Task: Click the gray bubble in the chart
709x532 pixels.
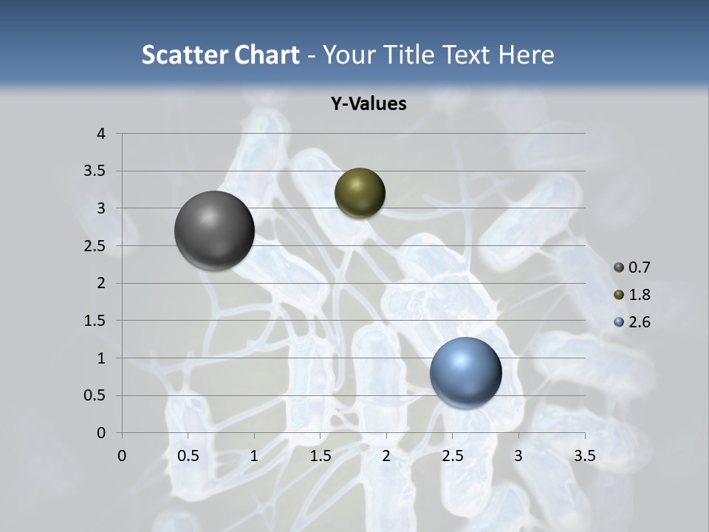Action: tap(214, 231)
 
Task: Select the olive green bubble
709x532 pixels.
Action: tap(360, 193)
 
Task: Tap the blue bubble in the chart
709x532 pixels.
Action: tap(465, 372)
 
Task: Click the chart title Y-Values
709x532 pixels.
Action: tap(368, 104)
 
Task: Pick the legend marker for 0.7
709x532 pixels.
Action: tap(619, 267)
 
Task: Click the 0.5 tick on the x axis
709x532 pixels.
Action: tap(188, 456)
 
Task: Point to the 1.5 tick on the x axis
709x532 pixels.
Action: tap(321, 456)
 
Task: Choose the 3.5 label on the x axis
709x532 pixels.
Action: tap(584, 456)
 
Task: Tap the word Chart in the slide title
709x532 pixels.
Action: tap(266, 55)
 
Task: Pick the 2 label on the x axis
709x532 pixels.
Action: tap(386, 456)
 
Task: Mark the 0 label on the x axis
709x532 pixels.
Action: tap(122, 456)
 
